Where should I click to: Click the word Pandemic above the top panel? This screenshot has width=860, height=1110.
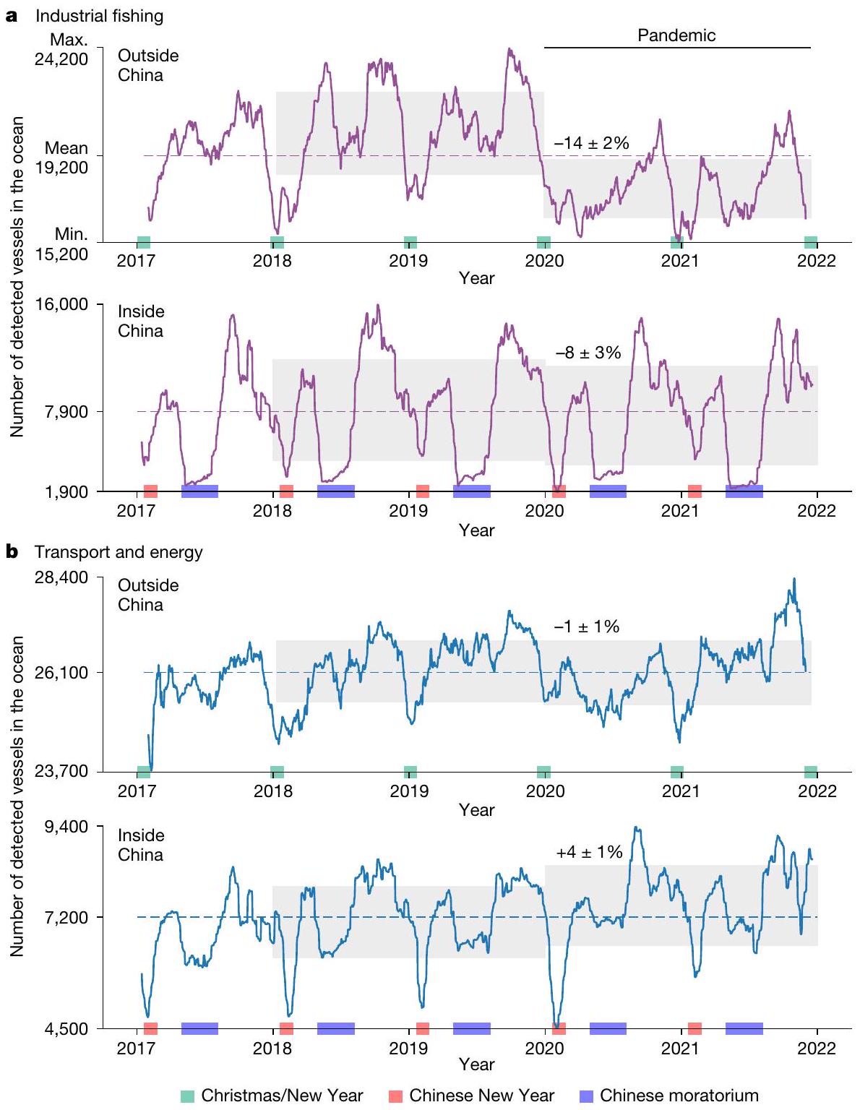676,35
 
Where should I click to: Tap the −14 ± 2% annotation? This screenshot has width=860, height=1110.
591,143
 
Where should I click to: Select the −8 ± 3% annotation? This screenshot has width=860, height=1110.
588,353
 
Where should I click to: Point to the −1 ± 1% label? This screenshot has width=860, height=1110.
586,627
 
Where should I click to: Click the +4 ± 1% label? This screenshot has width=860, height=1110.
589,853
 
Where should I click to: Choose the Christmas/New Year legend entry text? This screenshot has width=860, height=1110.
282,1096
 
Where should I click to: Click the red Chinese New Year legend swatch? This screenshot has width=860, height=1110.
395,1096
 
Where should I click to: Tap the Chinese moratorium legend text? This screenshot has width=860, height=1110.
679,1096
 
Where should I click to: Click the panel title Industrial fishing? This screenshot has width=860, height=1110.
100,16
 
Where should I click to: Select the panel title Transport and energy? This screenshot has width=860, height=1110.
119,552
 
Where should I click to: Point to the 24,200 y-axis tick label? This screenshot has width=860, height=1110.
61,59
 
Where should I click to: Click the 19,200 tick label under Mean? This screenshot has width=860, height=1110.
61,167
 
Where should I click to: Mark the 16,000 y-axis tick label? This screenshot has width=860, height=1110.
61,304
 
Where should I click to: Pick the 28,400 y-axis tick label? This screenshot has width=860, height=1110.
61,578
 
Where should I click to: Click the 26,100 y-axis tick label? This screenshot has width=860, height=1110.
61,673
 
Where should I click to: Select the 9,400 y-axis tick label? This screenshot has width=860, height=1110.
66,827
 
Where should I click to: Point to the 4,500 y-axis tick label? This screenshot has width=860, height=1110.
66,1029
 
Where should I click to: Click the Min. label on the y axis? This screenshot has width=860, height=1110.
71,234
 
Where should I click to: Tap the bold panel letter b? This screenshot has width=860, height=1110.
12,552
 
